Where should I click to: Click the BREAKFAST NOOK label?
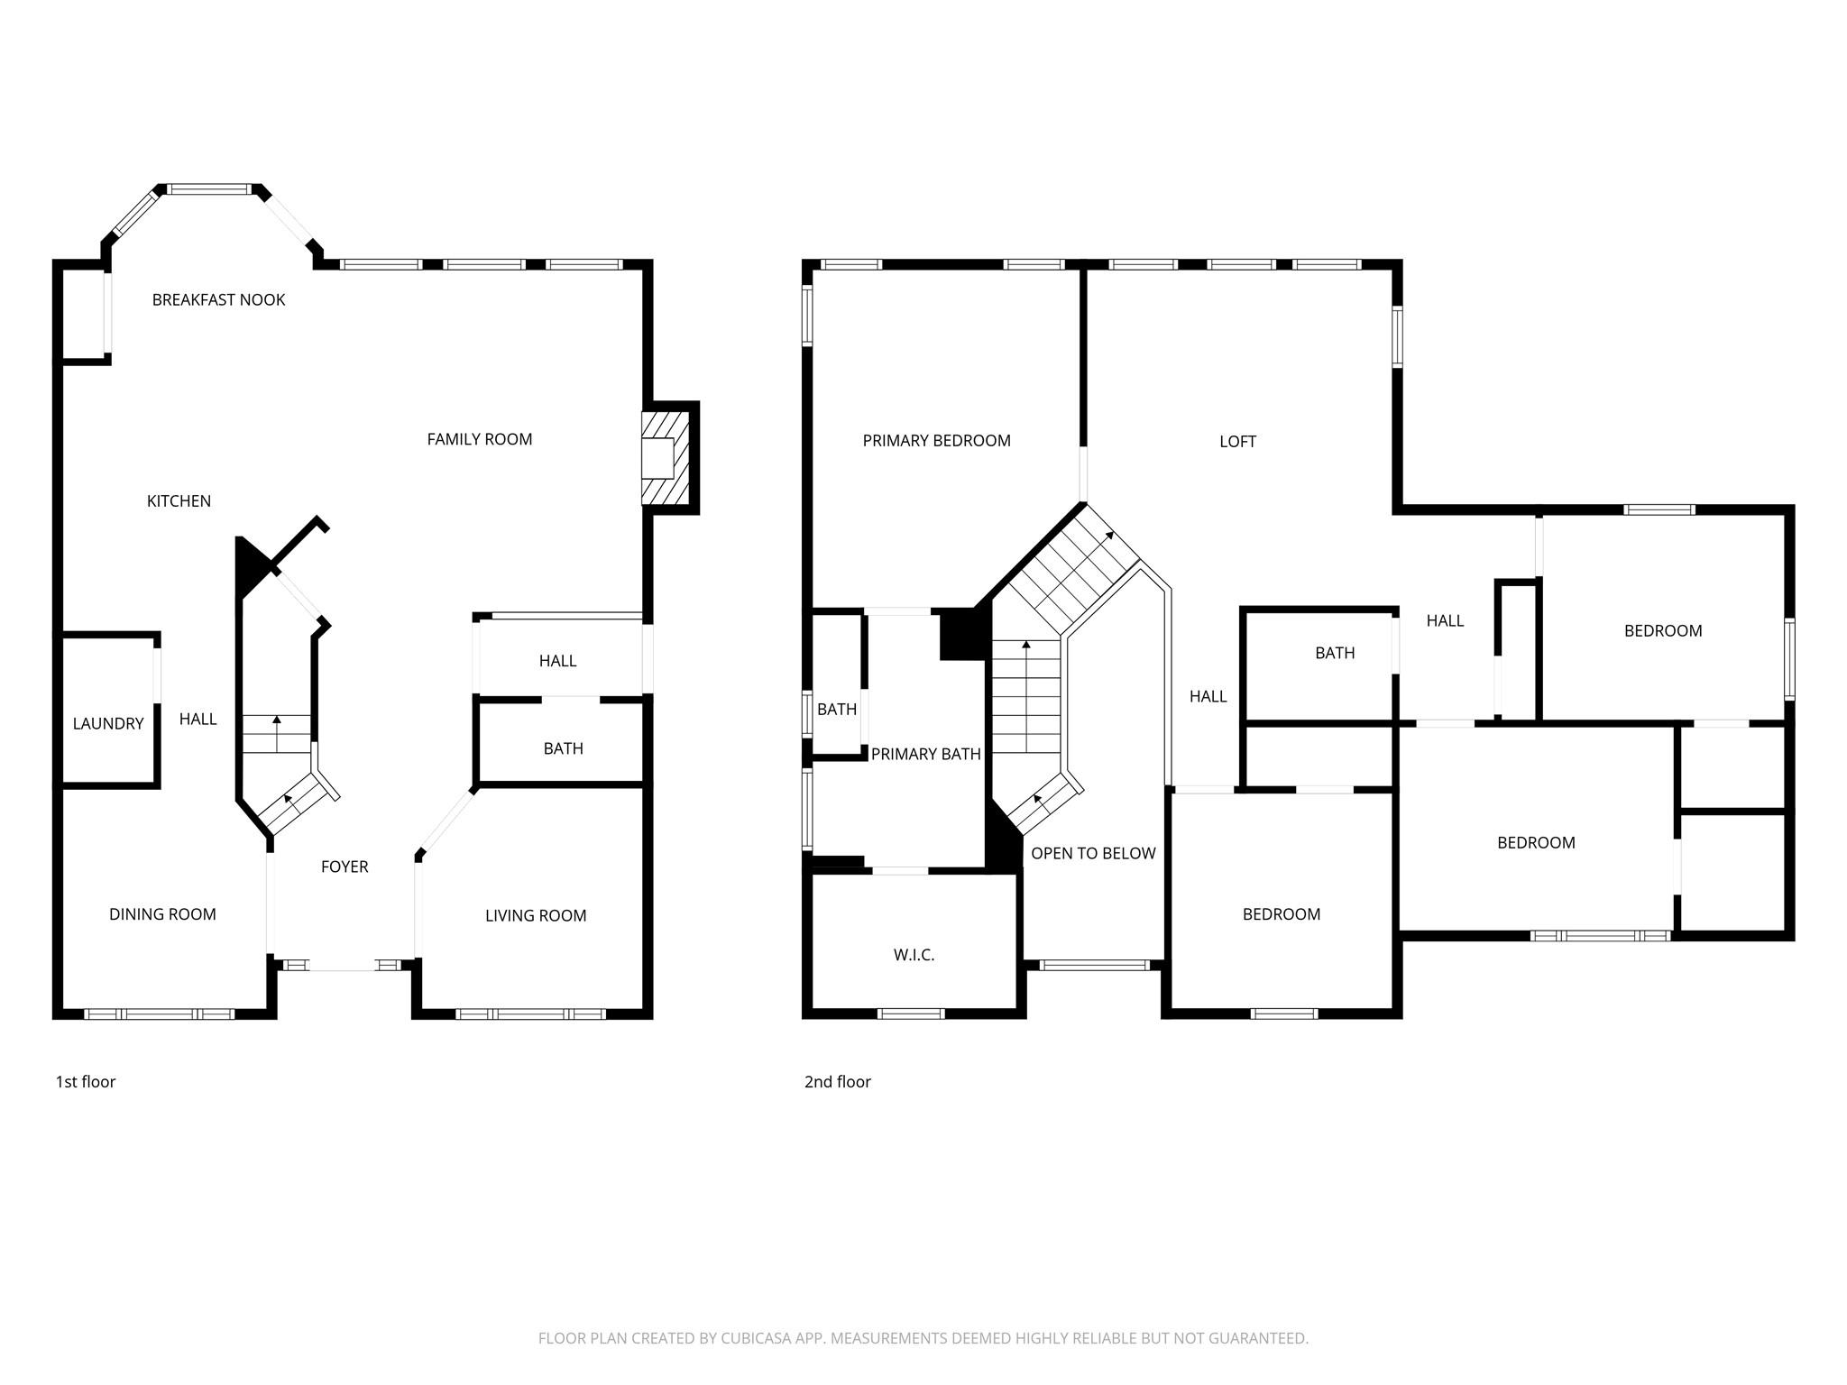tap(218, 300)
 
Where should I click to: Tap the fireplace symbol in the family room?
tap(666, 458)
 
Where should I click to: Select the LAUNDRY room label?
tap(108, 724)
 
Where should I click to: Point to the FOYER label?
tap(345, 867)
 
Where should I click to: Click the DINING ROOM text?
tap(162, 914)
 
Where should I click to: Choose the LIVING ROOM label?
tap(536, 916)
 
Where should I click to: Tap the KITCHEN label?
tap(179, 501)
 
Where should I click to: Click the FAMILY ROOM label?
tap(479, 440)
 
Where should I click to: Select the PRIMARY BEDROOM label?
tap(936, 441)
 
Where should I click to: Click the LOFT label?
tap(1237, 442)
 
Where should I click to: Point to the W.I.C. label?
tap(914, 955)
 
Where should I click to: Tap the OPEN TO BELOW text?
tap(1093, 854)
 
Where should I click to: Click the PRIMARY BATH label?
tap(925, 755)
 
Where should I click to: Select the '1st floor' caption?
tap(86, 1082)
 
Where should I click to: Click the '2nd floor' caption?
tap(837, 1082)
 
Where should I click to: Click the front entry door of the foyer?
tap(343, 966)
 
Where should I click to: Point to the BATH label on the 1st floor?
tap(563, 748)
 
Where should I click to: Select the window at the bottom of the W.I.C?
tap(911, 1014)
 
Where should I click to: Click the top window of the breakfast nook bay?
tap(209, 189)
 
